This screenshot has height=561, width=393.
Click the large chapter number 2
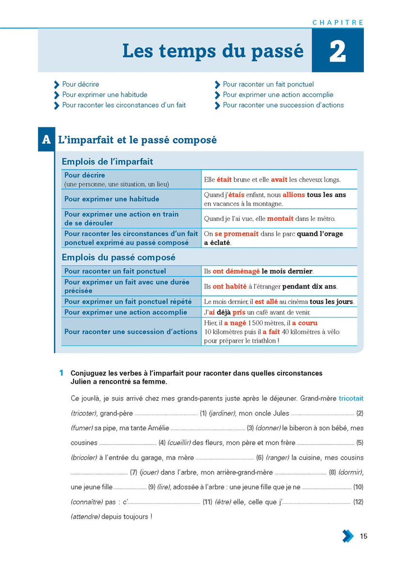[337, 51]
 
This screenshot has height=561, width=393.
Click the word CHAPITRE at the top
[338, 22]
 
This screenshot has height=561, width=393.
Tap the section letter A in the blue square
[46, 140]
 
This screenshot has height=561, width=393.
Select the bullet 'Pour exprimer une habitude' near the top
[104, 95]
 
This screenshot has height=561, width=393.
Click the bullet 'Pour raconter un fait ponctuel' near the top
[268, 85]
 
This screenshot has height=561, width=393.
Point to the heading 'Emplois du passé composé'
[118, 257]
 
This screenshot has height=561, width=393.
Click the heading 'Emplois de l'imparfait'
[107, 162]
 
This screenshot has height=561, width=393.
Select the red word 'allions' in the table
[294, 195]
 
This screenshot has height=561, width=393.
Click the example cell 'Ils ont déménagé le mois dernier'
[258, 271]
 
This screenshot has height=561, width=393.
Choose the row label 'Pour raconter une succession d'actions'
[131, 332]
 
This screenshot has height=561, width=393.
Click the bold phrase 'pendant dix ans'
[310, 286]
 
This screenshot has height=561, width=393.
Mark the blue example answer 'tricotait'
[351, 398]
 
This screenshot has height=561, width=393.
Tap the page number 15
[364, 536]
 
